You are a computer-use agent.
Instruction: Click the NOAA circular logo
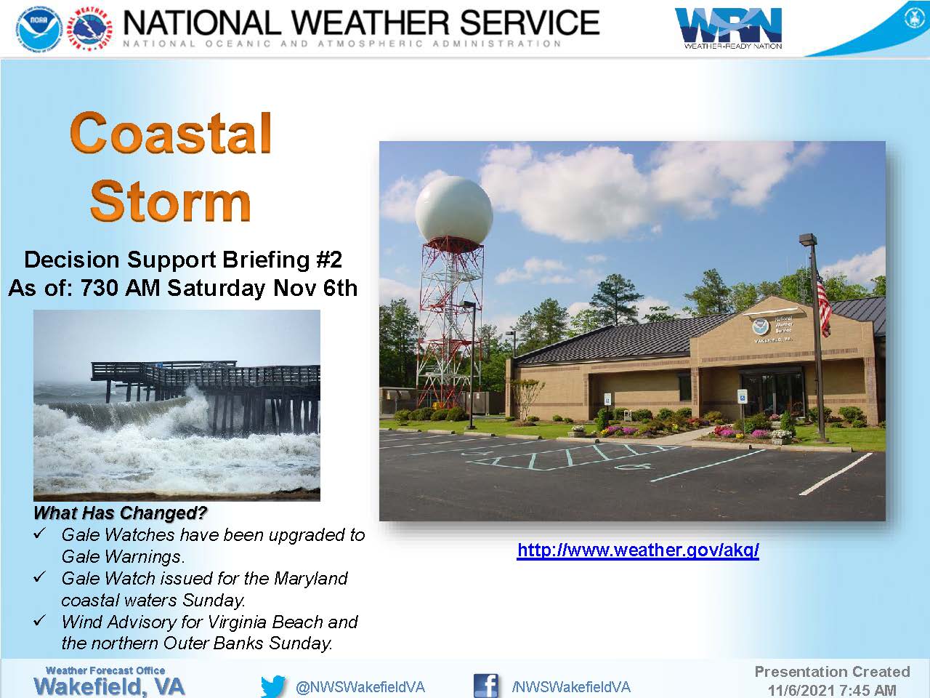39,29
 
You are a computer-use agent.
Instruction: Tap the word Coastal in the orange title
171,133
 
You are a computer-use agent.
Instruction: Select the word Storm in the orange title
170,201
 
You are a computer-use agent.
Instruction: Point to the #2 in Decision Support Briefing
329,260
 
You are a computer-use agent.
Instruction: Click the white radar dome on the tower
454,211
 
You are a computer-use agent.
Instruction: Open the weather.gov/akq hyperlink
638,550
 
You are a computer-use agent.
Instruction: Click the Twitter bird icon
273,686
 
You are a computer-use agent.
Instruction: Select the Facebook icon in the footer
486,686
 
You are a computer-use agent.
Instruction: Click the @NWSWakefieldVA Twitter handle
360,687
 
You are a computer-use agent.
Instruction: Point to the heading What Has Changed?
121,513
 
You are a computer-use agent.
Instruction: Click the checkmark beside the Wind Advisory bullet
39,621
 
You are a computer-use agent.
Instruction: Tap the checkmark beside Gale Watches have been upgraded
39,534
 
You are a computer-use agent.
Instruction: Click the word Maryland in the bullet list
310,579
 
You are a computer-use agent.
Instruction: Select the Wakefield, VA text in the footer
109,686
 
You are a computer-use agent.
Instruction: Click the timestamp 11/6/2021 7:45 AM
832,691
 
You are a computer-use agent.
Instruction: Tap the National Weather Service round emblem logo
91,29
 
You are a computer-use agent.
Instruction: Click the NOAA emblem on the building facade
760,326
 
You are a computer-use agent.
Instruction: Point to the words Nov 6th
315,288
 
